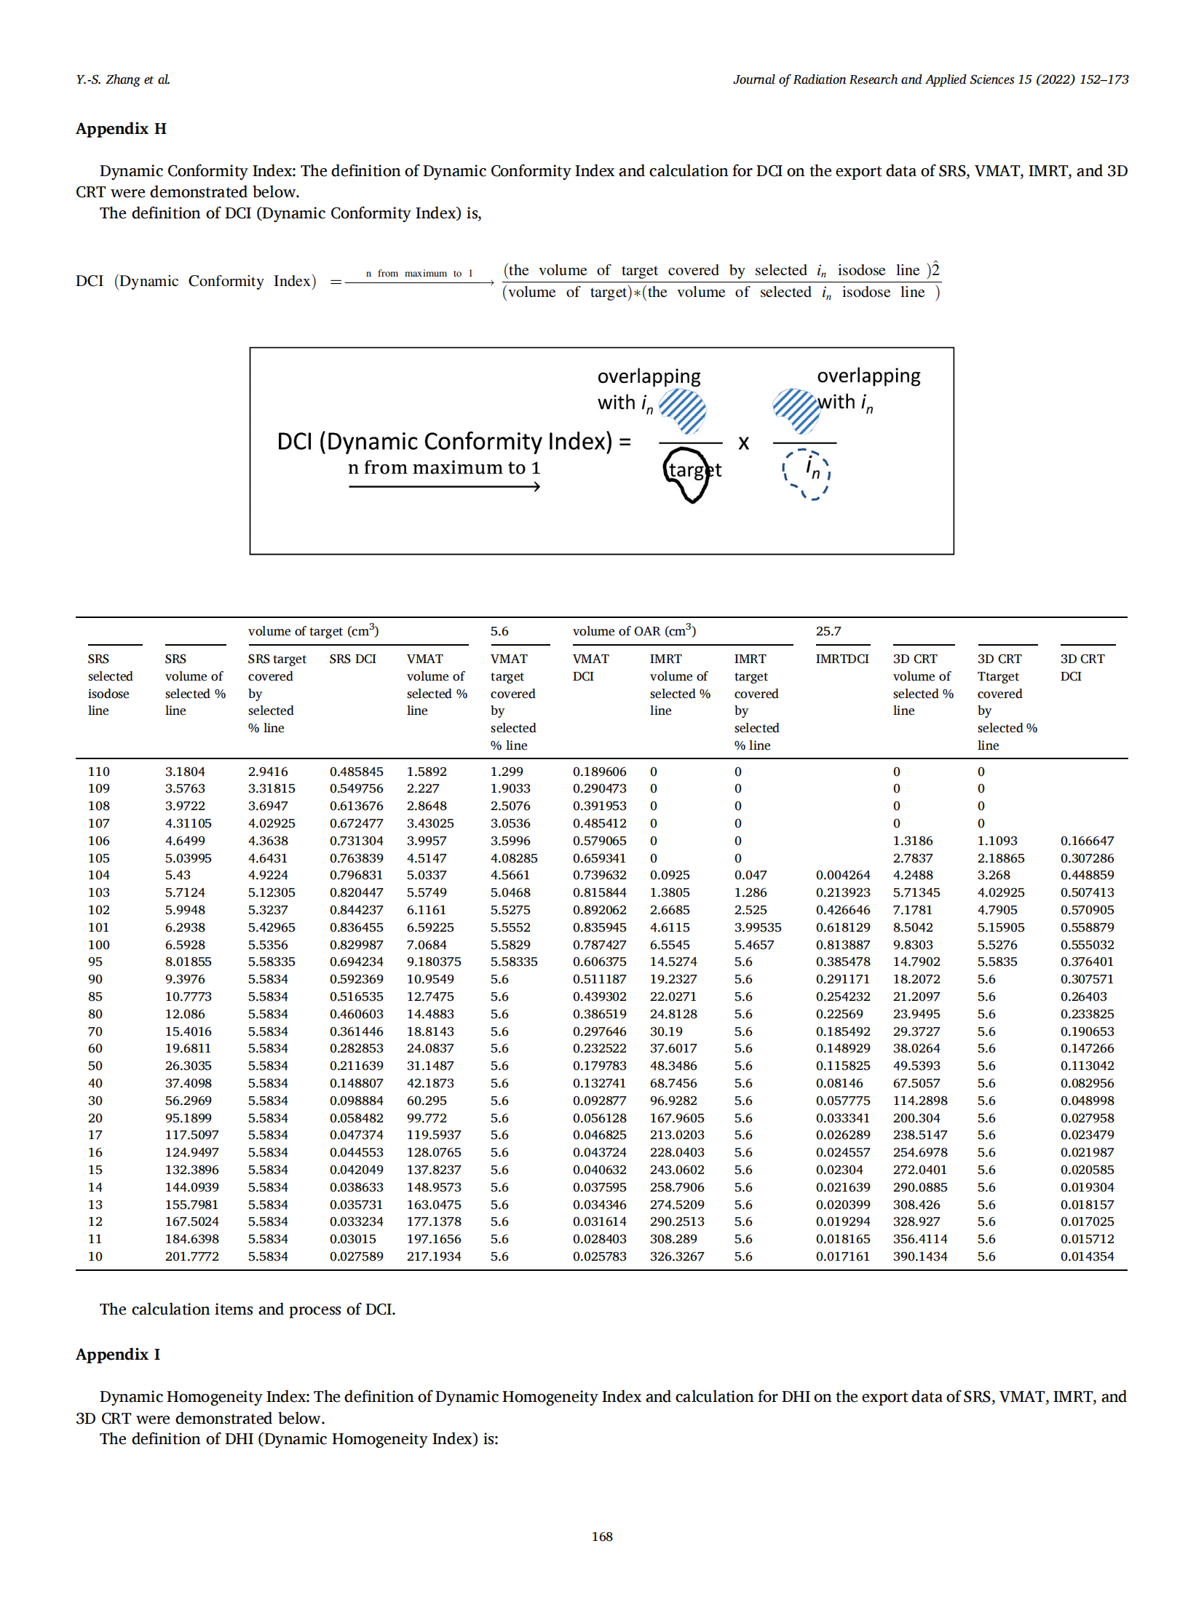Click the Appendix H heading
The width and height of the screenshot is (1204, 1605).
[121, 129]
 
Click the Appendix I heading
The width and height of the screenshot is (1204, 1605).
[118, 1354]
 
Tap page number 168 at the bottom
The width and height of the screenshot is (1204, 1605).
[601, 1536]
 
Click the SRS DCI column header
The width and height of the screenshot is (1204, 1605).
[352, 659]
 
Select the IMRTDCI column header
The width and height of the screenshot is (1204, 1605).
[841, 659]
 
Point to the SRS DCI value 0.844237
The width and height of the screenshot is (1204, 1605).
[356, 910]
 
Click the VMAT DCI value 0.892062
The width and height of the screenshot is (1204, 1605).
[599, 910]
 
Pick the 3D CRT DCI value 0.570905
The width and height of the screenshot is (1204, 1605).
[1087, 910]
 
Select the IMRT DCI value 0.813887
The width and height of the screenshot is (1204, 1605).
[842, 945]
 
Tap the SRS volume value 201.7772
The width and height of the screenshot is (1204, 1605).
[191, 1256]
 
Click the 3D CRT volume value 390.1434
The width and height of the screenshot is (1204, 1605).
[920, 1256]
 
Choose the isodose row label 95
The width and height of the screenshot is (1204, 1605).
[95, 962]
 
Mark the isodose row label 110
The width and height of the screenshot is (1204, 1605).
[98, 772]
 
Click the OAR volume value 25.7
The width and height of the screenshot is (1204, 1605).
[828, 631]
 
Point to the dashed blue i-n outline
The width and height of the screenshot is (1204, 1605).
[807, 474]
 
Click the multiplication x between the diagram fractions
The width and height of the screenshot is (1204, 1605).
[743, 443]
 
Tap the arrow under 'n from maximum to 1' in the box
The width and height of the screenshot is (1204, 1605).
[444, 486]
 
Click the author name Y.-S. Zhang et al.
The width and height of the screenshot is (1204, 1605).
[123, 79]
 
